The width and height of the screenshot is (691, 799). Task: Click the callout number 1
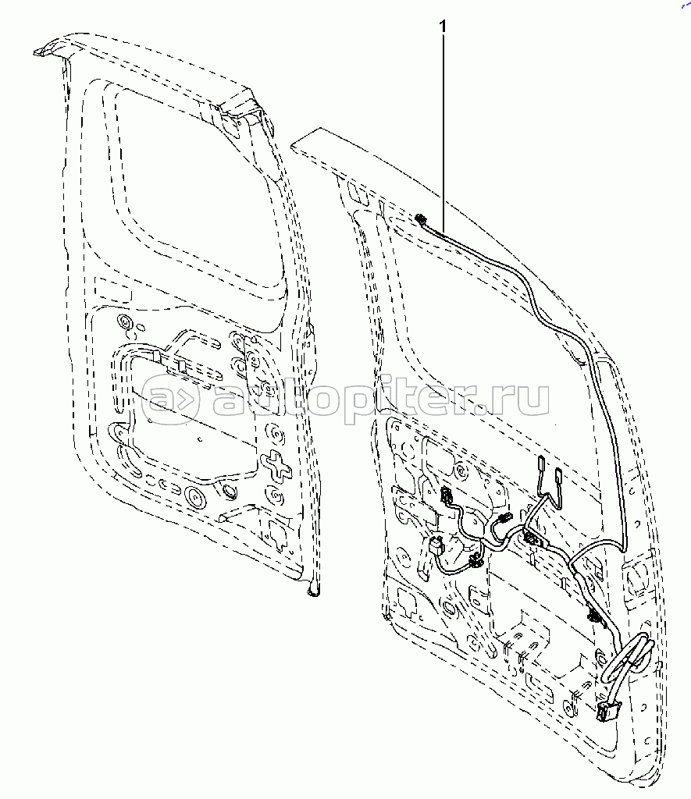point(443,27)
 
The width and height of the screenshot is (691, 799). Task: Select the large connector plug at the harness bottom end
point(607,710)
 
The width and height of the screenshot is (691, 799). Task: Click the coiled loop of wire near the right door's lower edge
point(629,659)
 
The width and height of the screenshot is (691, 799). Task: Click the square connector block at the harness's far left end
point(436,548)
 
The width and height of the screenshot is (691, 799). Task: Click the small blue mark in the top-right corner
point(685,5)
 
